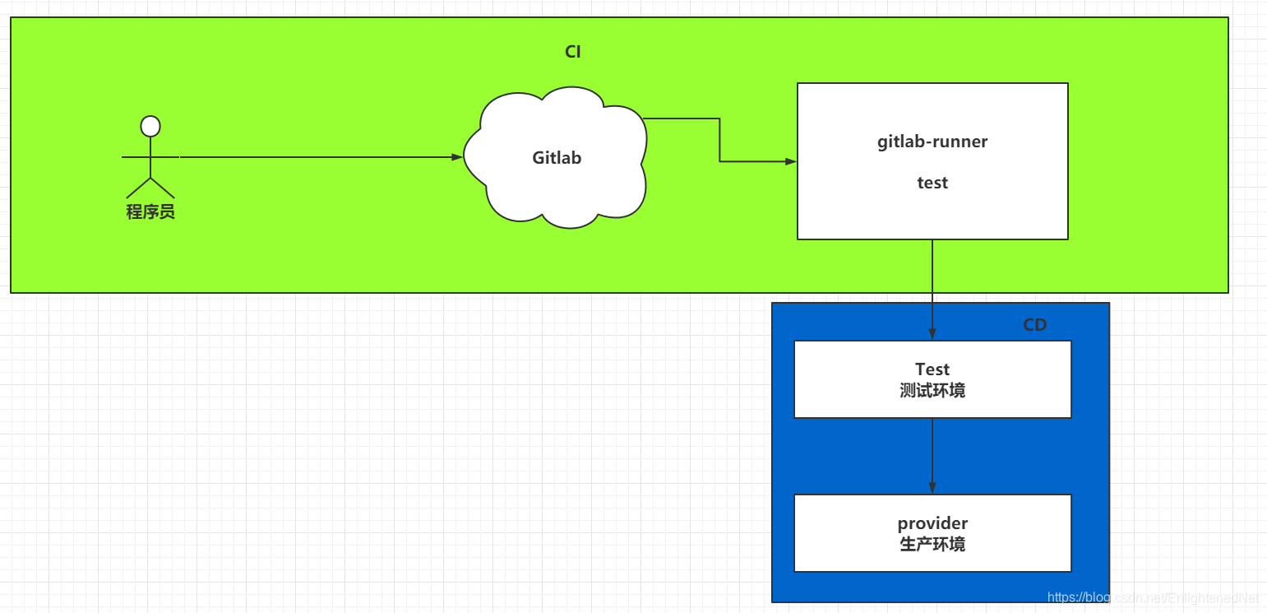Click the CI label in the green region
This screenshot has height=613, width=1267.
(573, 52)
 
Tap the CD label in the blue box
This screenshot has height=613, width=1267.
(1034, 325)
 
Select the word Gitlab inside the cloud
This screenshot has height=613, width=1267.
(557, 157)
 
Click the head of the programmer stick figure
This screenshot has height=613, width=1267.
(150, 126)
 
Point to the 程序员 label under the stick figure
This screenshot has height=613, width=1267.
(150, 212)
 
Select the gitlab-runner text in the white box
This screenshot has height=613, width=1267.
(932, 142)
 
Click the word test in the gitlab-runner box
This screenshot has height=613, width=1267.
(932, 183)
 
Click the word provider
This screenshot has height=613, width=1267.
(932, 523)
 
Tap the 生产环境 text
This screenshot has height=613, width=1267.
(932, 544)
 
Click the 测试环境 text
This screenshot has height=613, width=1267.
(932, 390)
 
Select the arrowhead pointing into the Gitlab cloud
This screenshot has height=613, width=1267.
(457, 156)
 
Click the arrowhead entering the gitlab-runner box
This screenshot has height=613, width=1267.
(791, 161)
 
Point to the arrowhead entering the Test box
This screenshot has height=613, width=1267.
(932, 334)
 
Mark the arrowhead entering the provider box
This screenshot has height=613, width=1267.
(932, 488)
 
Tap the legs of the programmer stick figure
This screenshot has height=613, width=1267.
(150, 187)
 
